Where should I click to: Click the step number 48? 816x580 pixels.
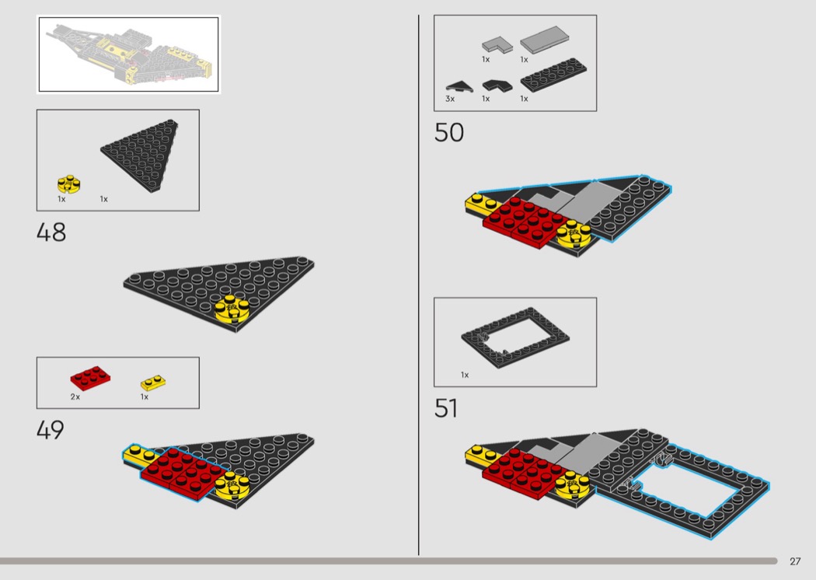51,232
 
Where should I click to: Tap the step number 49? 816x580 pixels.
51,430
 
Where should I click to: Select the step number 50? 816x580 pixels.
448,133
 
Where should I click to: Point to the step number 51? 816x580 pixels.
446,408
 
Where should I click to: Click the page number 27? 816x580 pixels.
795,561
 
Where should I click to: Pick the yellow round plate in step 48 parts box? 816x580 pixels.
68,183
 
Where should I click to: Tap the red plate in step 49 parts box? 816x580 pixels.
91,378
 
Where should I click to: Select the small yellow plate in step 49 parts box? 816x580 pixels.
153,383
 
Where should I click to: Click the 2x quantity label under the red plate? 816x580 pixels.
75,397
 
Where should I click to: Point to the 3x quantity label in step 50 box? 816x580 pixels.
450,99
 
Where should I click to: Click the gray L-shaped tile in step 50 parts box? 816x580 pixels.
497,44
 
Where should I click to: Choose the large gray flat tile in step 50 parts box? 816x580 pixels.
544,40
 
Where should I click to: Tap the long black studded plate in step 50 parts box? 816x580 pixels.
553,75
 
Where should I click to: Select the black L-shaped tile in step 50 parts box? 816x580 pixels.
497,86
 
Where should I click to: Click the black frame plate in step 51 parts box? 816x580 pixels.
515,338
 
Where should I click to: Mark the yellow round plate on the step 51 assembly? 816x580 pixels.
573,484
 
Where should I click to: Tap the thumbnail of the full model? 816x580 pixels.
128,54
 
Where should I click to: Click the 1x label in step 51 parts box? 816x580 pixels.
465,375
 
